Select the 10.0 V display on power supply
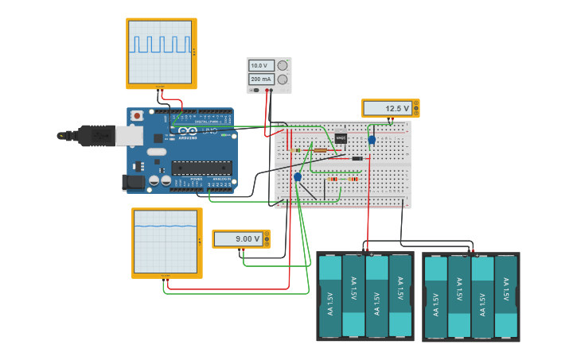tap(260, 65)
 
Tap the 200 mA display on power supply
tap(260, 79)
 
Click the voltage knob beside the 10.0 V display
tap(282, 65)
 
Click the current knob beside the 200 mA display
tap(282, 79)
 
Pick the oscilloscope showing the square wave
tap(162, 52)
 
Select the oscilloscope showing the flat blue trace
tap(166, 242)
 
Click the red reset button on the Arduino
tap(137, 116)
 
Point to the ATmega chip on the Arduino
tap(202, 167)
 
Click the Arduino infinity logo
tap(185, 132)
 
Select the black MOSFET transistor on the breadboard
tap(341, 137)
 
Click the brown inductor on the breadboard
tap(320, 149)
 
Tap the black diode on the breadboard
tap(357, 159)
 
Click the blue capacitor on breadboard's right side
tap(372, 140)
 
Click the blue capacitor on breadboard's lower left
tap(298, 177)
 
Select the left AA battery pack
tap(365, 296)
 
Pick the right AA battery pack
tap(470, 296)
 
